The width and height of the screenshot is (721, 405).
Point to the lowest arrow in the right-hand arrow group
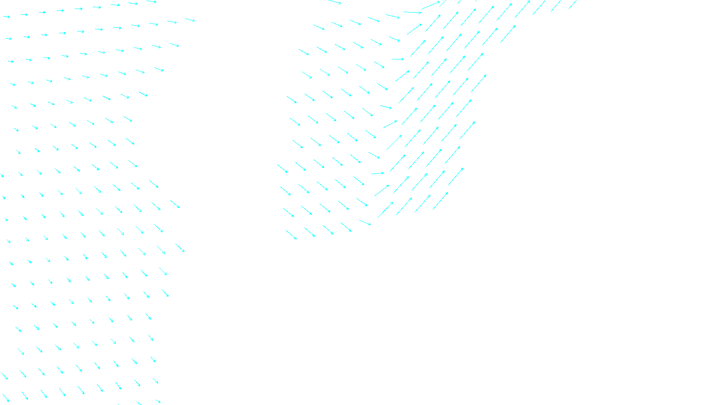tap(291, 235)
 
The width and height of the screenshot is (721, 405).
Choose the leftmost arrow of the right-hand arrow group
tap(282, 168)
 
